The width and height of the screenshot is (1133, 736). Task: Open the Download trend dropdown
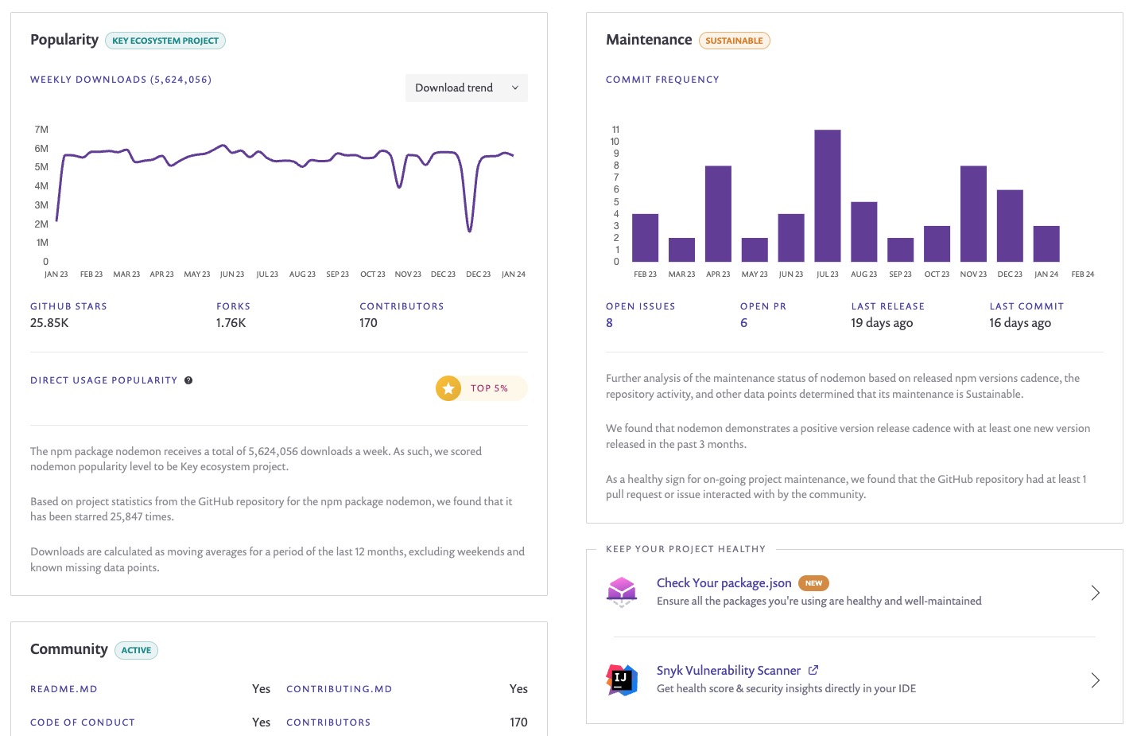(x=466, y=88)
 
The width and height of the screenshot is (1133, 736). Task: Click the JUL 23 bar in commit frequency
(x=827, y=196)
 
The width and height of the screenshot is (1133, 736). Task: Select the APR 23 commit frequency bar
(x=718, y=213)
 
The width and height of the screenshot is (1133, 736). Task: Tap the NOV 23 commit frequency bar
(x=973, y=213)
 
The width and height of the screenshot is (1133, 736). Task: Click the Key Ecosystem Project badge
(x=165, y=41)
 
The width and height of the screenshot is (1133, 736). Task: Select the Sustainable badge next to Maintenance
(x=734, y=41)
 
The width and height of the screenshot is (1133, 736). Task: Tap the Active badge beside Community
(x=136, y=650)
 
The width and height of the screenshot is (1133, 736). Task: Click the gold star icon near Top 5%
(x=448, y=388)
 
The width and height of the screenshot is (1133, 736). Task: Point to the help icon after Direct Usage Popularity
(x=188, y=380)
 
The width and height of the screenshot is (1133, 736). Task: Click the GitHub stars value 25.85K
(x=49, y=323)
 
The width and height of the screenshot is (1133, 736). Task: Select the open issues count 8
(x=610, y=323)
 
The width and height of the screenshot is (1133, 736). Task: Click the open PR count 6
(x=743, y=323)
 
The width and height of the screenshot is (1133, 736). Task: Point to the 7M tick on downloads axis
(x=41, y=130)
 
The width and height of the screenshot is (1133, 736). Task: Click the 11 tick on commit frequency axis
(x=615, y=130)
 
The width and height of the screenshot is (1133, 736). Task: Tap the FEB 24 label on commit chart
(x=1082, y=275)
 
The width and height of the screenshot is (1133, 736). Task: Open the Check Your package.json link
(x=724, y=583)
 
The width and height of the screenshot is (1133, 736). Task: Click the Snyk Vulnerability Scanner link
(x=728, y=671)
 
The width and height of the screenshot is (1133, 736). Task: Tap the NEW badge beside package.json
(x=813, y=583)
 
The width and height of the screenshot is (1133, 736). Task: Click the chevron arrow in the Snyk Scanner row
(x=1095, y=680)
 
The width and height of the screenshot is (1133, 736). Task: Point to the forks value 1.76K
(x=231, y=323)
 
